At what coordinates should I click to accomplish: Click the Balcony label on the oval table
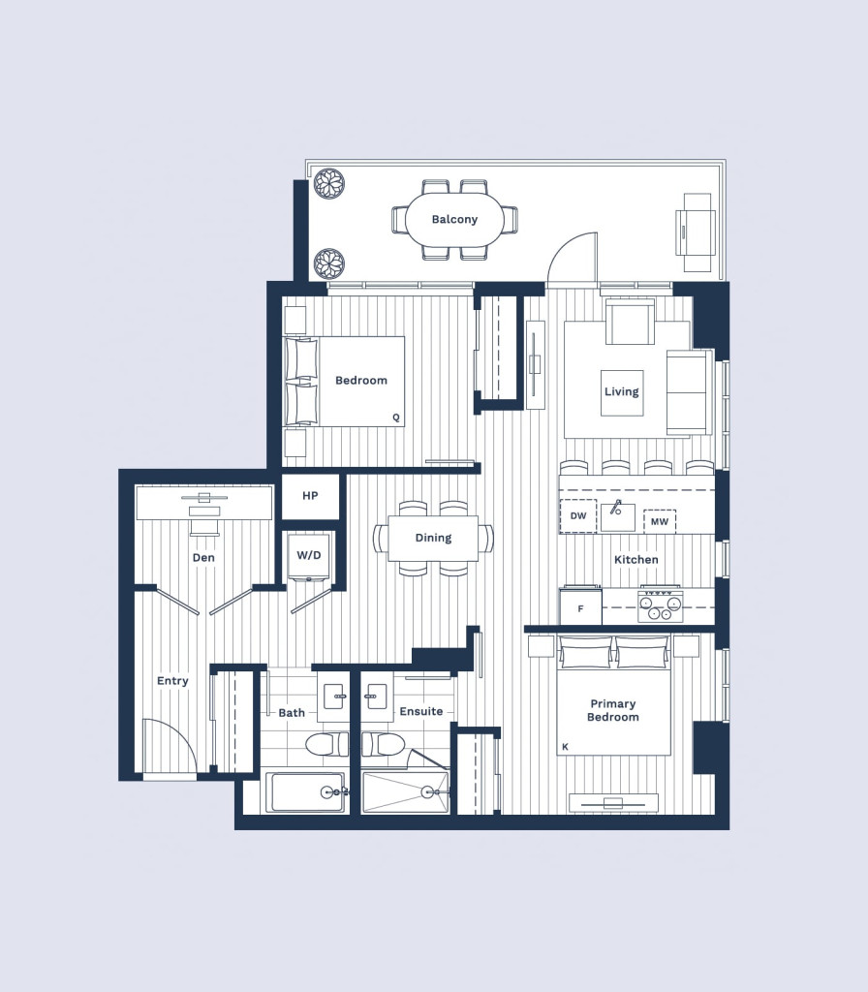click(454, 220)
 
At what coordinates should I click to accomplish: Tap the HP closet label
click(310, 496)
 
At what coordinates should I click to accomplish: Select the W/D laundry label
click(309, 555)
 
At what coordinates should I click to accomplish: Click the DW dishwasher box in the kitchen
click(578, 515)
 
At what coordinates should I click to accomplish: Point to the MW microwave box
click(659, 522)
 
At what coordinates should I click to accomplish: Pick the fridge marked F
click(580, 607)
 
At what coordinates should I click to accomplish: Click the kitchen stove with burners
click(660, 604)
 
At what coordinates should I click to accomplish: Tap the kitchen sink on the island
click(617, 515)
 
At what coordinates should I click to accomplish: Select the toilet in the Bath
click(327, 745)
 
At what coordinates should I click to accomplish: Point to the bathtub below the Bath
click(305, 791)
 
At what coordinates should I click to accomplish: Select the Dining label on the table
click(433, 538)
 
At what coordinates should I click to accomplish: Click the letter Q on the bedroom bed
click(396, 418)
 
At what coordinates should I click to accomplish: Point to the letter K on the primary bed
click(565, 747)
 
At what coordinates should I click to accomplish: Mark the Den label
click(203, 557)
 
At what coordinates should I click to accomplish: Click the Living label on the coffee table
click(621, 391)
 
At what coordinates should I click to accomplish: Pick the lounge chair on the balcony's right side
click(696, 232)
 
